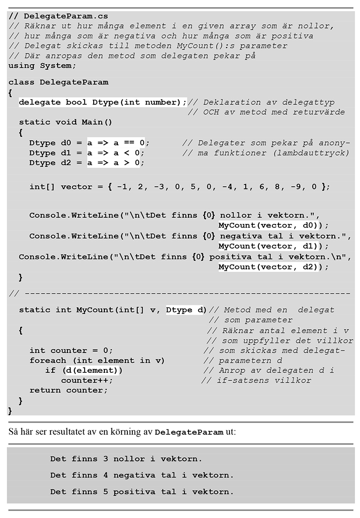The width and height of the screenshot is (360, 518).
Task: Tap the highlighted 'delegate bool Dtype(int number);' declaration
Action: pos(102,102)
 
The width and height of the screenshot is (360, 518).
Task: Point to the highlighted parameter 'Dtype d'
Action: pos(185,310)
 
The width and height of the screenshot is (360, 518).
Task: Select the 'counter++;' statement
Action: pos(87,380)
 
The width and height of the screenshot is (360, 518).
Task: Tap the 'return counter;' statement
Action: pos(68,390)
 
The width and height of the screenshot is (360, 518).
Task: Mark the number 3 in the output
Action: pos(105,459)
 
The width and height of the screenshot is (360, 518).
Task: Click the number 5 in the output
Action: pos(105,492)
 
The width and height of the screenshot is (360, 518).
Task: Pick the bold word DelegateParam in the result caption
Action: pos(189,433)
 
